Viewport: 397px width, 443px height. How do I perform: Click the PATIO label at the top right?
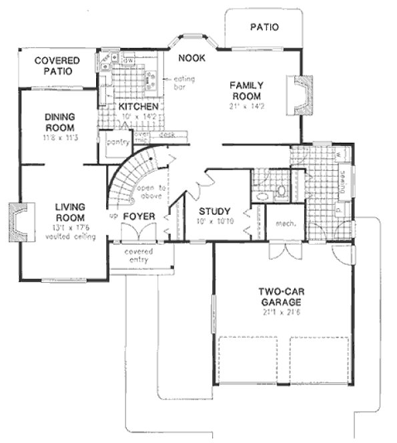[264, 27]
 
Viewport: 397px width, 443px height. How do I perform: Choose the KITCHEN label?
[139, 107]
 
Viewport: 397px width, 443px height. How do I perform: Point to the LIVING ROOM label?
[70, 213]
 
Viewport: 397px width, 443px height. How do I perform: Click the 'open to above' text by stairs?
[152, 193]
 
